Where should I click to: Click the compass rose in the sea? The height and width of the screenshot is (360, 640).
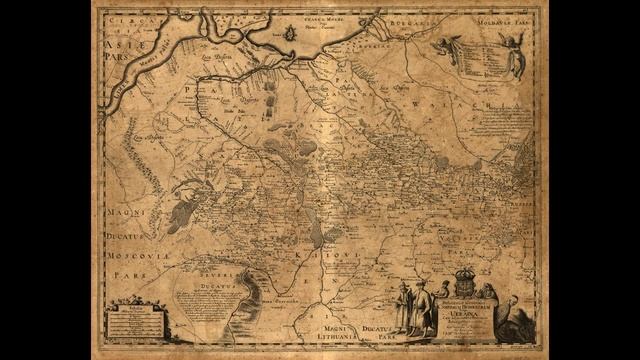[290, 33]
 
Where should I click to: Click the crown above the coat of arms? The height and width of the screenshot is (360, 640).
[463, 270]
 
